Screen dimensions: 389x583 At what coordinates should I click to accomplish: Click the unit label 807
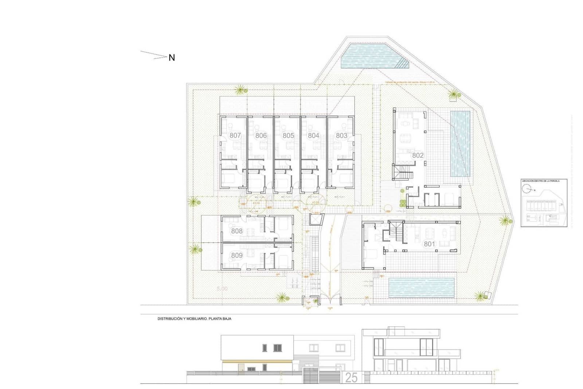coord(235,135)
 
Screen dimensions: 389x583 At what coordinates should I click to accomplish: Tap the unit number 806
coord(261,135)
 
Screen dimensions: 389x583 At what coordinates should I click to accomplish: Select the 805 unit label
coord(288,135)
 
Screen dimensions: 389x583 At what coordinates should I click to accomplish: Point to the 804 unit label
coord(313,135)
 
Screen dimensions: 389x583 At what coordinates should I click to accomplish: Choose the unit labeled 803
coord(341,135)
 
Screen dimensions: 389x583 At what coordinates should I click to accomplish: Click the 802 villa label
coord(418,155)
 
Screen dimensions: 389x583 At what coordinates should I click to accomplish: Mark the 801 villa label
coord(429,244)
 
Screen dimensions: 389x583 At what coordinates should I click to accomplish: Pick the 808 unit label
coord(237,231)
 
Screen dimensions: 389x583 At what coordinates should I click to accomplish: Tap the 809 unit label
coord(237,255)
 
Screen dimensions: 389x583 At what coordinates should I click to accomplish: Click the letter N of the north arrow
coord(172,58)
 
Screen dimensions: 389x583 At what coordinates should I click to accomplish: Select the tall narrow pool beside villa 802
coord(460,144)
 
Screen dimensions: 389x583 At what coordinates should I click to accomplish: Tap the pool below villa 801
coord(422,288)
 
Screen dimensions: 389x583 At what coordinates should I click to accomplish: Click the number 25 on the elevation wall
coord(351,378)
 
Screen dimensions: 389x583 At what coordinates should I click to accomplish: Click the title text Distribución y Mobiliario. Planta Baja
coord(194,319)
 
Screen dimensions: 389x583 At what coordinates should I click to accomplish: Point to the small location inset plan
coord(544,203)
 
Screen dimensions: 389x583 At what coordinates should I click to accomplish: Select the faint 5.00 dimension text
coord(222,289)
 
